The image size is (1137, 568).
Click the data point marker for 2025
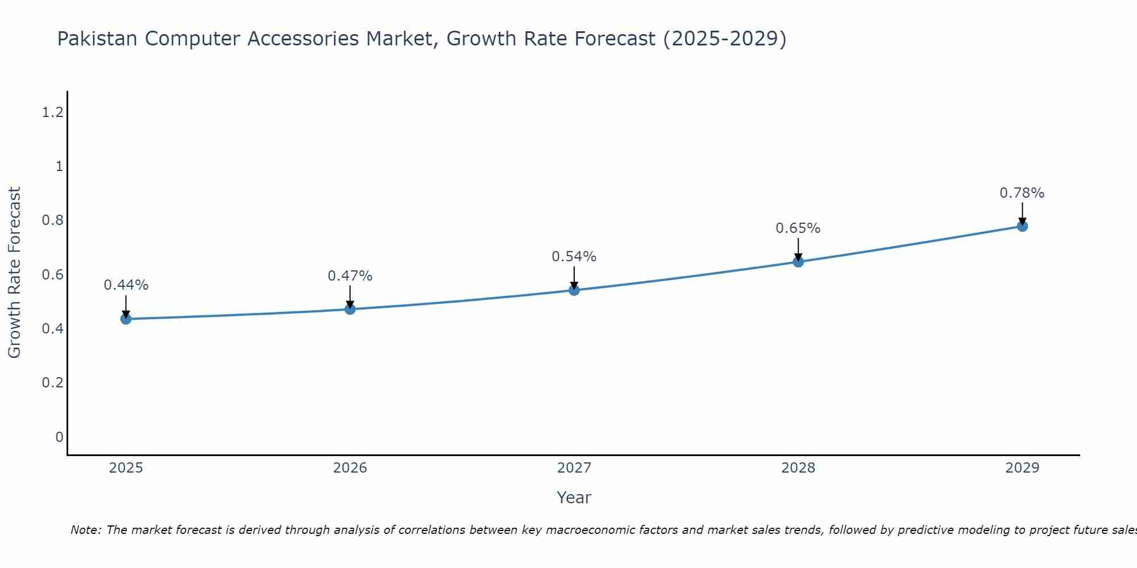pos(126,319)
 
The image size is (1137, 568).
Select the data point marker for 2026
pos(350,309)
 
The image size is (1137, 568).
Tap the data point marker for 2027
pos(574,290)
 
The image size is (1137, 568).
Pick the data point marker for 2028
pos(798,262)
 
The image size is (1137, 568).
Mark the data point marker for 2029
pos(1022,226)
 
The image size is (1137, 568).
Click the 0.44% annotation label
pos(126,285)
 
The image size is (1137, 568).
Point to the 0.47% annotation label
pos(350,276)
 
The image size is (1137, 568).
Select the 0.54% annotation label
pos(574,257)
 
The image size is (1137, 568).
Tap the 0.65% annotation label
pos(798,228)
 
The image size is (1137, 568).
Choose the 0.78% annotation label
pos(1022,193)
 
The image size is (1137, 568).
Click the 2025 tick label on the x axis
pos(126,468)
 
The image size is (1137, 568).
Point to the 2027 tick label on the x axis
pos(574,468)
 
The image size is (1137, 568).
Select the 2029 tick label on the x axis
pos(1022,468)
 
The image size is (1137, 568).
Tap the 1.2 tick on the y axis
pos(52,112)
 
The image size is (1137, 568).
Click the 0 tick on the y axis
pos(59,437)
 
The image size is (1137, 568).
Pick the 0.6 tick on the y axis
pos(52,275)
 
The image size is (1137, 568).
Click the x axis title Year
pos(574,498)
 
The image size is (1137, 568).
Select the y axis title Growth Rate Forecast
pos(14,273)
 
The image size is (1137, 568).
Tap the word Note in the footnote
pos(85,530)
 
